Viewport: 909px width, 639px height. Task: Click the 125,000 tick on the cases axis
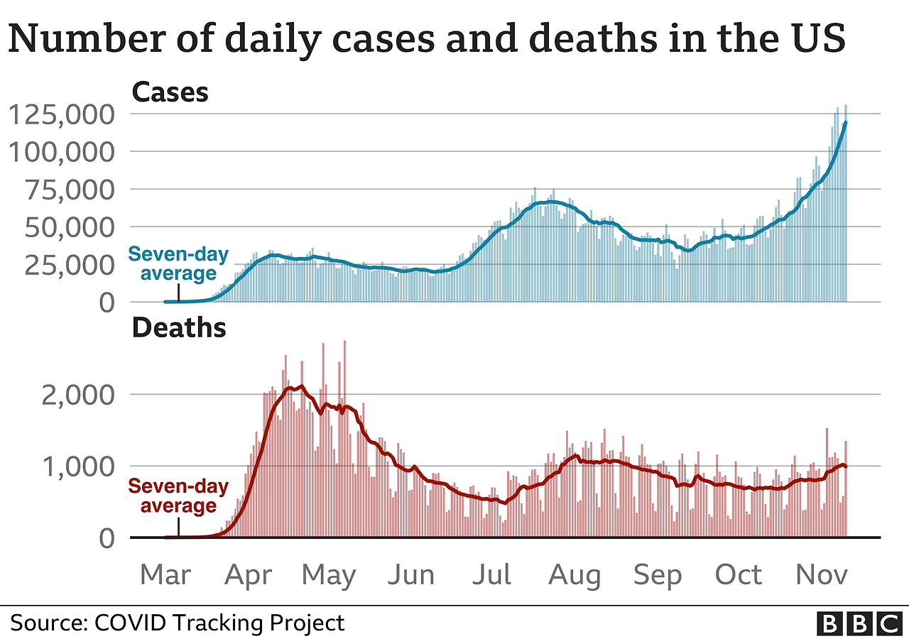tap(62, 114)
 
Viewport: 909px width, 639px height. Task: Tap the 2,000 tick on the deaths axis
tap(77, 394)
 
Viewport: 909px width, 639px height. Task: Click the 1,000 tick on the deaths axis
tap(77, 466)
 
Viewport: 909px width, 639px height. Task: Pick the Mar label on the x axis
tap(166, 574)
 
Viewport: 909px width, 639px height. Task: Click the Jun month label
tap(413, 574)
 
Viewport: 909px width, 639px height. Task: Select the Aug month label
tap(574, 574)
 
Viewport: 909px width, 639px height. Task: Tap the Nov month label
tap(822, 574)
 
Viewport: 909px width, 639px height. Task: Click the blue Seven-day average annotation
tap(178, 263)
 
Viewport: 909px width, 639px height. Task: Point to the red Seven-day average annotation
tap(178, 496)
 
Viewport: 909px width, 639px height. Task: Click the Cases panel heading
tap(170, 92)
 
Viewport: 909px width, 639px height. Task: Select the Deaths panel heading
tap(179, 328)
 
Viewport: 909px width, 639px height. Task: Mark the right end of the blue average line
tap(845, 123)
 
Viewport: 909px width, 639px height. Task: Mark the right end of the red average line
tap(846, 466)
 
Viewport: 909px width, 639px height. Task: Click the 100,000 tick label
tap(62, 152)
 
